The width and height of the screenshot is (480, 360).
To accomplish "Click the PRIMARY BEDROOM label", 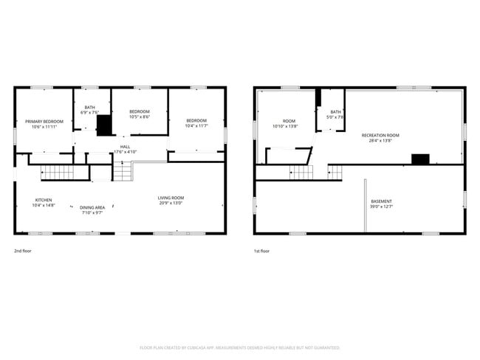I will click(44, 121).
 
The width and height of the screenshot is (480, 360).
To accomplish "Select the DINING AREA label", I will click(93, 207).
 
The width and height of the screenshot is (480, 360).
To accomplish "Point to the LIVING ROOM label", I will click(171, 198).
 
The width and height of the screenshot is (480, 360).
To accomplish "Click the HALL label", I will click(125, 147).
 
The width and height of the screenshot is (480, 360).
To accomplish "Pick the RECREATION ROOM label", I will click(380, 135).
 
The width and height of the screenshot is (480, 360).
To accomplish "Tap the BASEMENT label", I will click(381, 201).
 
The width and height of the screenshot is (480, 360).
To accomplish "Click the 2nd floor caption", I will click(24, 251).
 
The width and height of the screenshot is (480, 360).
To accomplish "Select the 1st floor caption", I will click(261, 251).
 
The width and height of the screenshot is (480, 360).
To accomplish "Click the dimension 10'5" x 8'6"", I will click(140, 117).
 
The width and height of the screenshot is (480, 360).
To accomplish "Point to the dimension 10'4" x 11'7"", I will click(196, 126).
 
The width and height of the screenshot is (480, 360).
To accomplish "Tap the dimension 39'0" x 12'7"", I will click(381, 207).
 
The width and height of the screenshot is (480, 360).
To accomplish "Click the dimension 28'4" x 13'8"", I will click(380, 140).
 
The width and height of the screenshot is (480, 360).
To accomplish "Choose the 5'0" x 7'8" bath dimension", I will click(335, 117).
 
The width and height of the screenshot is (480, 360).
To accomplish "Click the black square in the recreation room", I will click(420, 159).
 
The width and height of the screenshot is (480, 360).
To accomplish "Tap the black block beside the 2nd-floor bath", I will click(104, 125).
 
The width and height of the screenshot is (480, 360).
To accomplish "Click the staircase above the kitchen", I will click(58, 173).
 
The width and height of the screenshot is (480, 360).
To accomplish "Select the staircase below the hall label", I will click(122, 172).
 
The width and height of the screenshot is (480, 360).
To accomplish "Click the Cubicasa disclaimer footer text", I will click(239, 347).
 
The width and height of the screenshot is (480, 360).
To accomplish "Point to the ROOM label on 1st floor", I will click(289, 121).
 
